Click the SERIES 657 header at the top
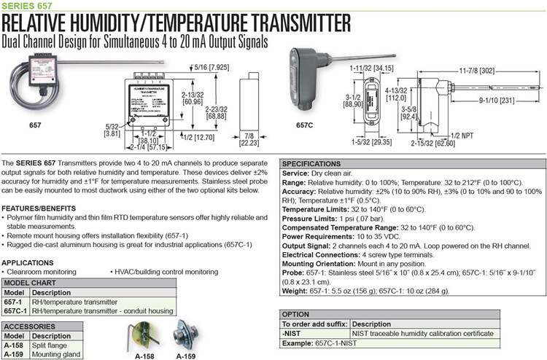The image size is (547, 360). pyautogui.click(x=22, y=5)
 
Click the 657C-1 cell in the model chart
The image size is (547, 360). pyautogui.click(x=15, y=310)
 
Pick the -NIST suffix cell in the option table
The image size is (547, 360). pyautogui.click(x=293, y=332)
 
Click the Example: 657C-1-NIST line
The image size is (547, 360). pyautogui.click(x=319, y=341)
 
